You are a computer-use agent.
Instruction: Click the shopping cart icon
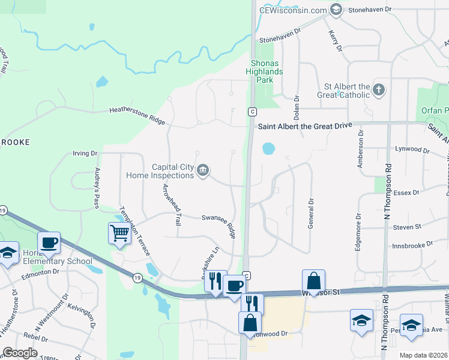point(119,232)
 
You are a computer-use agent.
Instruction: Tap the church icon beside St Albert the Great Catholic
point(378,90)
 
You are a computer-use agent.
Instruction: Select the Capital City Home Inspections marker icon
point(203,171)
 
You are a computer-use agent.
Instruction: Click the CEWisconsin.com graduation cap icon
point(336,10)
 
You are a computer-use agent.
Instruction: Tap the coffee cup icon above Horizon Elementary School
point(48,242)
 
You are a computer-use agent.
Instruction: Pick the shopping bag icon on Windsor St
point(313,280)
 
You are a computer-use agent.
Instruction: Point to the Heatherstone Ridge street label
point(137,115)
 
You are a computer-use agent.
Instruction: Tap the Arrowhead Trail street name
point(171,204)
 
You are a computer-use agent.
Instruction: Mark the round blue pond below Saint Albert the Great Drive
point(268,148)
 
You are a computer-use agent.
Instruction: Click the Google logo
point(20,353)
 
